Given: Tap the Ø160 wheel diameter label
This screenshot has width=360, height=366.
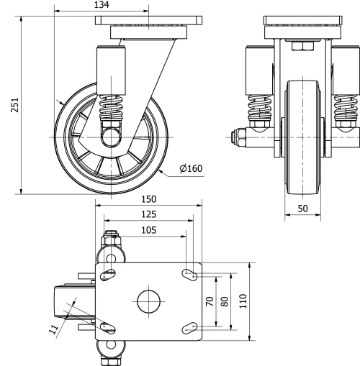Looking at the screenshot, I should pos(191,169).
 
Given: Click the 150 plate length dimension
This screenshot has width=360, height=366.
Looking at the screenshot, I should pos(148,198).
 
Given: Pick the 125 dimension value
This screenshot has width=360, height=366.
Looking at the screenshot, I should pos(148,214).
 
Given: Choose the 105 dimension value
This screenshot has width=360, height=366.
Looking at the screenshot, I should pos(148,230).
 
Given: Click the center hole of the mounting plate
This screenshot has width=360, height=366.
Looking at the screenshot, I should pos(149,301).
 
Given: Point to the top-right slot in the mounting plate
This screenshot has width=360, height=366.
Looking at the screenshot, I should pos(190,273).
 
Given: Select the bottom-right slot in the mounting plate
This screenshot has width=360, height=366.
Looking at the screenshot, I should pos(190,328).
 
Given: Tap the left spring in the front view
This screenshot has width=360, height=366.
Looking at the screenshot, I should pos(258,108).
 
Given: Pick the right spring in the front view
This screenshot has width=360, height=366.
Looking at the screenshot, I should pos(343,108).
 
